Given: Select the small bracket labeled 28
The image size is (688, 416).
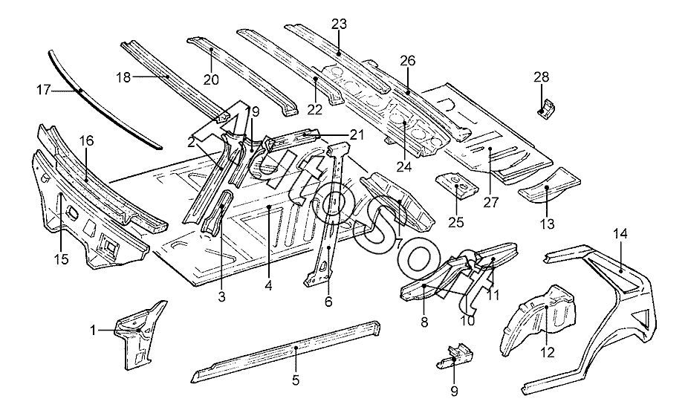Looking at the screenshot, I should click(x=547, y=108).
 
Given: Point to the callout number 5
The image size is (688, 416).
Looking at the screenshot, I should click(x=295, y=380).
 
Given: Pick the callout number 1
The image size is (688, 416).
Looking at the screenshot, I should click(x=93, y=331).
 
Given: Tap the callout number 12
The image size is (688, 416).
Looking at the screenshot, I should click(x=547, y=352).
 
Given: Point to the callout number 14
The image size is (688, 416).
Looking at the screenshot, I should click(x=620, y=234).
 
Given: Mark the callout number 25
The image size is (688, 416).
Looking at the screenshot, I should click(x=455, y=221).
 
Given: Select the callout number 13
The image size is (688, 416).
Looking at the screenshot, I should click(x=547, y=222).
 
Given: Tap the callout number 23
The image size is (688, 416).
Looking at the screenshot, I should click(x=339, y=24).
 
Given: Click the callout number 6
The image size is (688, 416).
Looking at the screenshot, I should click(x=328, y=302).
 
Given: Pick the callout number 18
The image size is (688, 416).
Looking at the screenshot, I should click(x=124, y=77).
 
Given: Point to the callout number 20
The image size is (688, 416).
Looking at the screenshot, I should click(x=210, y=79).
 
